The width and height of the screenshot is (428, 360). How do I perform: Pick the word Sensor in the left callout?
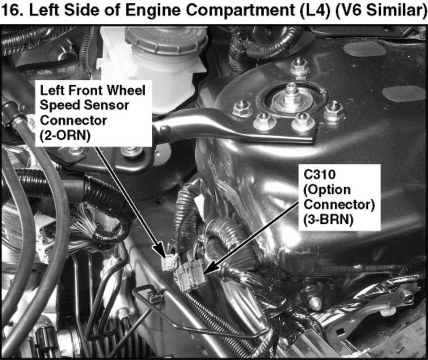106,105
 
